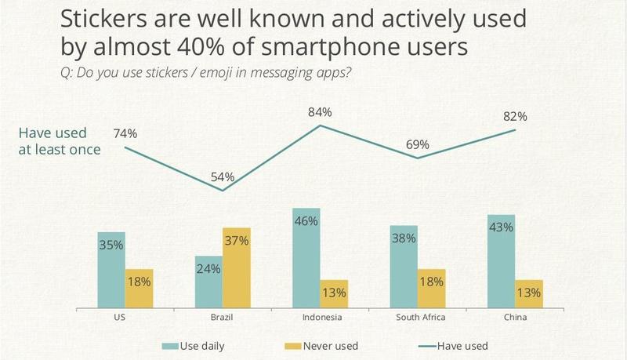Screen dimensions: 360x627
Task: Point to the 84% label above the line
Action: click(320, 113)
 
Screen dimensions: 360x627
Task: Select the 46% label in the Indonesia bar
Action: click(306, 221)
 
